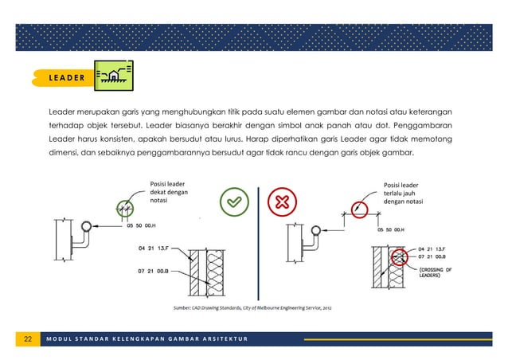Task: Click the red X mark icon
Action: click(x=282, y=202)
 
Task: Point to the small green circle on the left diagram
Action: click(x=123, y=209)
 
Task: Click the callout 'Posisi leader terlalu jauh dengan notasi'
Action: click(x=403, y=194)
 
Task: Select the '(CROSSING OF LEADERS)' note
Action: click(x=436, y=275)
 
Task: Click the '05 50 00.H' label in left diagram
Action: click(x=144, y=226)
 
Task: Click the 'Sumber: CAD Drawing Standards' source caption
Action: click(x=254, y=307)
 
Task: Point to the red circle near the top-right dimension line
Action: click(x=359, y=209)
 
